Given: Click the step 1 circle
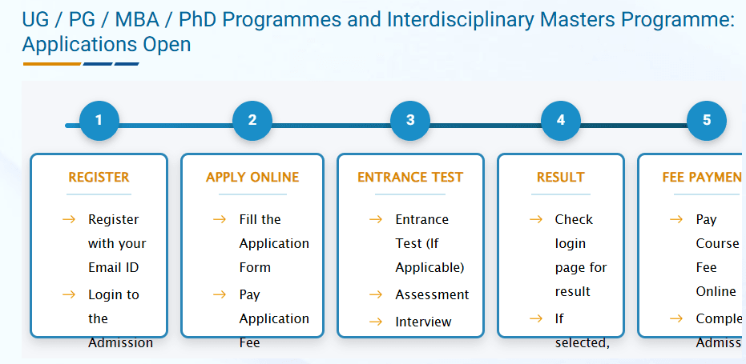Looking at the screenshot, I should coord(99,121).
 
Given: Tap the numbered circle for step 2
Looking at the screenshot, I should coord(252,121).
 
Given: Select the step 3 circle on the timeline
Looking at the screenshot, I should coord(410,121).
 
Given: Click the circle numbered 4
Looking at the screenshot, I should coord(561,121).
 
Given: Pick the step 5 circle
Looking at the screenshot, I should coord(707,121).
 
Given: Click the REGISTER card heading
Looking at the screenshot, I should coord(99,178).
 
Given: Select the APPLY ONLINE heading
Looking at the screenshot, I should coord(252,178).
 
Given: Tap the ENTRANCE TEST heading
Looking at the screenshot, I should coord(410,178).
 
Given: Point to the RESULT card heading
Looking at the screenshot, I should coord(561,178).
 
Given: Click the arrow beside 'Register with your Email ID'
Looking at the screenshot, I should coord(69,219).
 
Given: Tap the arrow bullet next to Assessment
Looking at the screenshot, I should coord(376,295).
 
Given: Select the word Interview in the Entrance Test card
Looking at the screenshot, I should coord(423,322).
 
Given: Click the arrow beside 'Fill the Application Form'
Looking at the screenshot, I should coord(220,219).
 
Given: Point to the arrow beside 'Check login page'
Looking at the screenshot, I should coord(536,219).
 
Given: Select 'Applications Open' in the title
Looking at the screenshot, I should coord(107,44).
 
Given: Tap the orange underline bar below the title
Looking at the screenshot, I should coord(51,64).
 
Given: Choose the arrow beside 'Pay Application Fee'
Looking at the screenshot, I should coord(220,294).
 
